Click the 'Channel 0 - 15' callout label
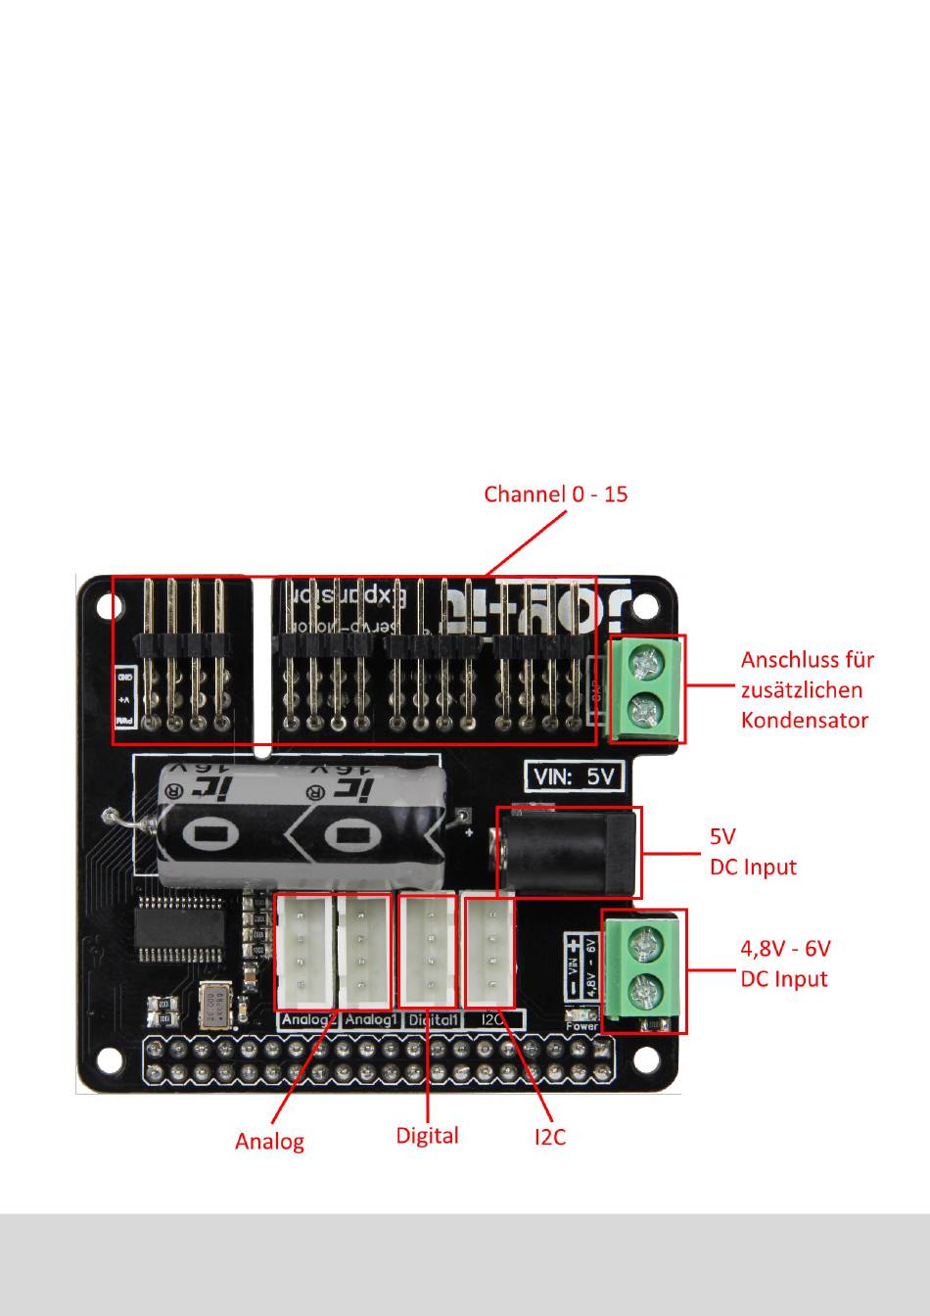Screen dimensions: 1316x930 [x=555, y=493]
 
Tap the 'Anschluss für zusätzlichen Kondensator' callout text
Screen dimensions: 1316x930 [x=806, y=689]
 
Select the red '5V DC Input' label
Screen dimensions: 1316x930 [x=752, y=852]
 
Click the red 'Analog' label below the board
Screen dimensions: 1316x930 [x=269, y=1141]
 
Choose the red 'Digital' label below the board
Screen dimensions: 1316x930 [x=427, y=1136]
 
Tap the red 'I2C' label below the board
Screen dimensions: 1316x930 [x=549, y=1137]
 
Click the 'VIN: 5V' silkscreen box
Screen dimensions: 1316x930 [x=574, y=776]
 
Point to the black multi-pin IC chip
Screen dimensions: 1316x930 [x=184, y=927]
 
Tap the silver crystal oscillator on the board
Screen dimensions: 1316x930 [x=215, y=1007]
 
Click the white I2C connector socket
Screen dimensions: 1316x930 [x=488, y=950]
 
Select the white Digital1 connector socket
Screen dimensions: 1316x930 [x=428, y=950]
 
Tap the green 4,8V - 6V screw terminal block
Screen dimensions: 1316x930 [x=643, y=969]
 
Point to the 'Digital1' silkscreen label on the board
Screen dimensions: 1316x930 [x=432, y=1020]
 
